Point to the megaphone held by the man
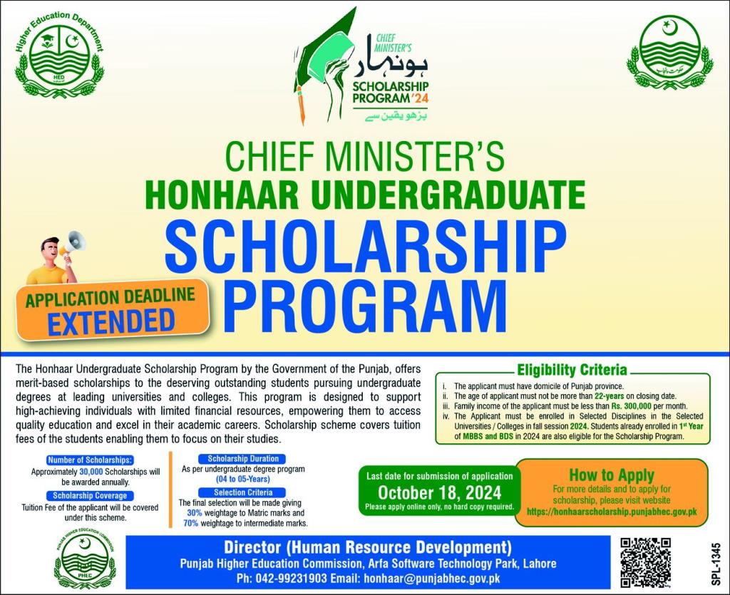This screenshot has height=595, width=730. pyautogui.click(x=73, y=244)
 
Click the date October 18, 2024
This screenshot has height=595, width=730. pyautogui.click(x=439, y=492)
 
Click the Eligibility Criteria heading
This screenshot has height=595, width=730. pyautogui.click(x=572, y=370)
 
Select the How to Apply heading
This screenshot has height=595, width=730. pyautogui.click(x=611, y=475)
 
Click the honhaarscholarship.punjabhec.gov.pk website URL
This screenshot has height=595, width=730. pyautogui.click(x=611, y=512)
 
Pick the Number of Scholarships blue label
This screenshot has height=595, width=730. pyautogui.click(x=89, y=460)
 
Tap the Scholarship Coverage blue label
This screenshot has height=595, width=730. pyautogui.click(x=89, y=495)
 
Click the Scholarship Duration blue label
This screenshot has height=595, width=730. pyautogui.click(x=243, y=458)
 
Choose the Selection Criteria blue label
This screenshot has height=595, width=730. pyautogui.click(x=243, y=492)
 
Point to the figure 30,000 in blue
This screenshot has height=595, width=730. pyautogui.click(x=101, y=472)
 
